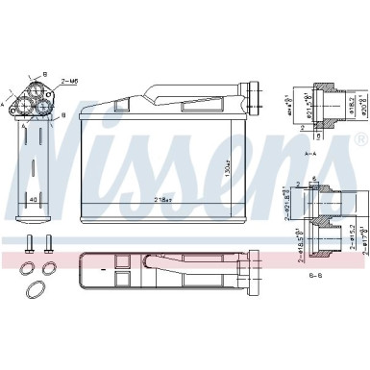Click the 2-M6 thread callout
(70, 83)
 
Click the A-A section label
(310, 154)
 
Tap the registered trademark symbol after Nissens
(360, 140)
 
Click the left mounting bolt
(30, 245)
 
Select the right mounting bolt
(49, 245)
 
